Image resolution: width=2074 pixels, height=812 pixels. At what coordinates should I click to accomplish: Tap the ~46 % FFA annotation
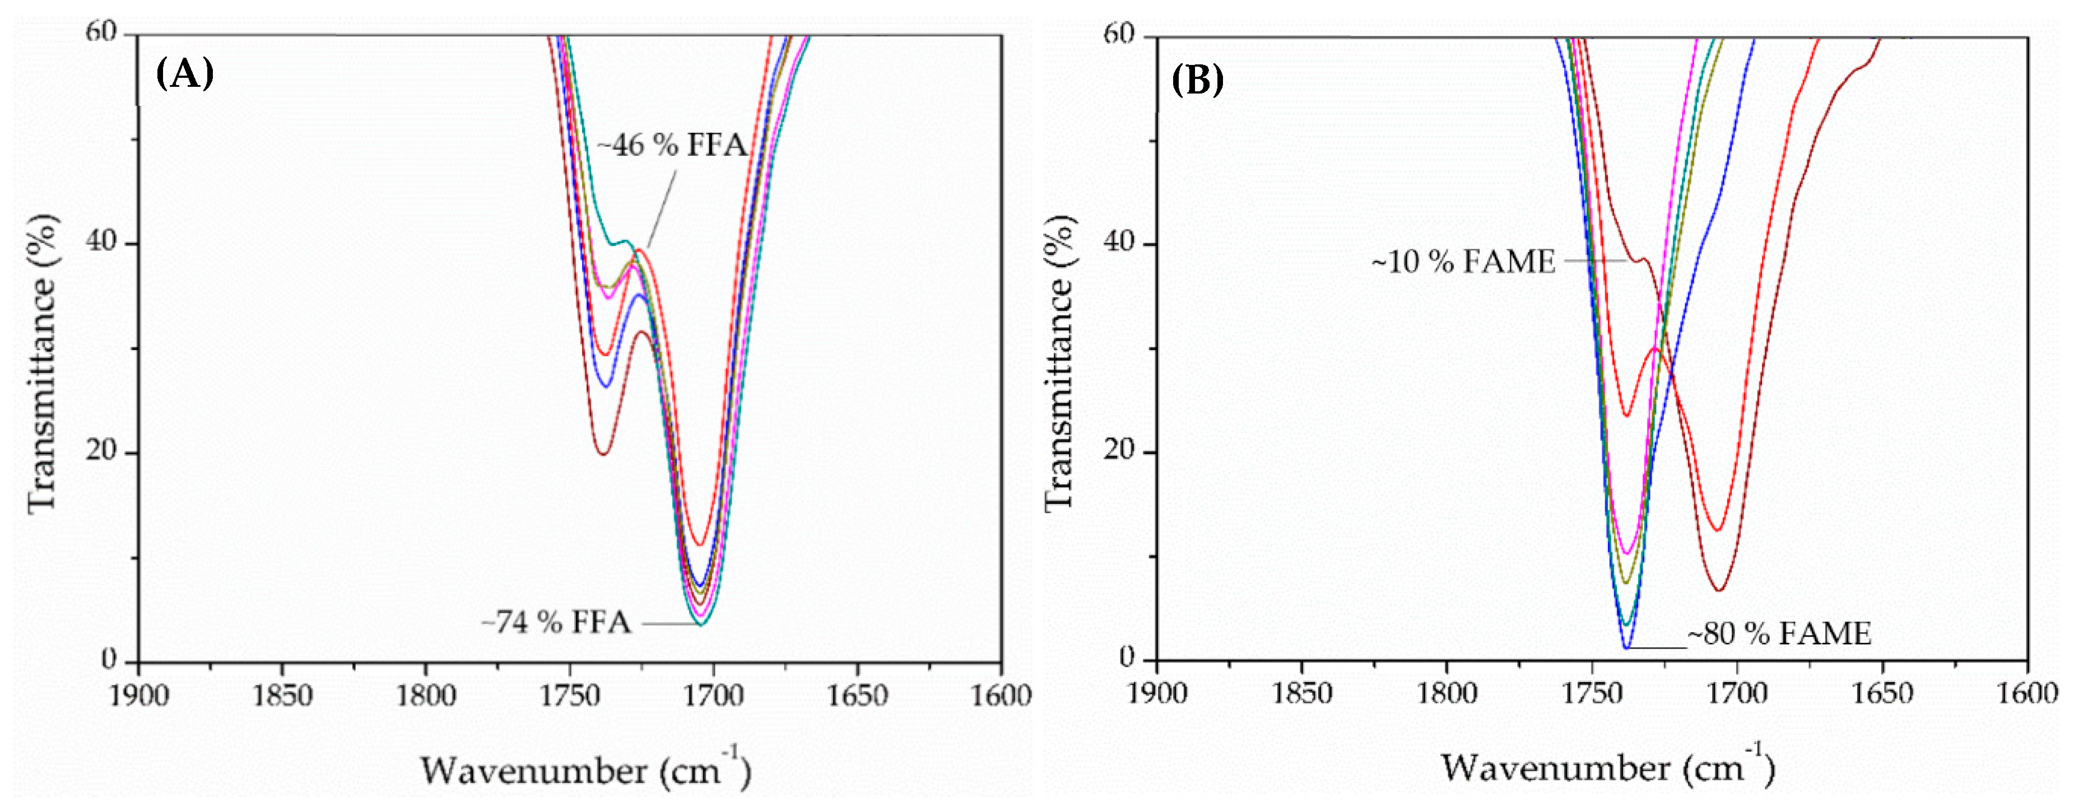(672, 146)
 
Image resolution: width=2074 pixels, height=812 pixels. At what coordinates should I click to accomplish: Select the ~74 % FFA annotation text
(556, 622)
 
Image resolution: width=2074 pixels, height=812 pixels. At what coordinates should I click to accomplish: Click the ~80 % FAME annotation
(1779, 634)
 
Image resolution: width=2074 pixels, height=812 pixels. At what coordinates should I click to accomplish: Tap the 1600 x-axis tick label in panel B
(2028, 693)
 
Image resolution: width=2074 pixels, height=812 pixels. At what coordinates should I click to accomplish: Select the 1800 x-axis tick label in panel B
(1447, 693)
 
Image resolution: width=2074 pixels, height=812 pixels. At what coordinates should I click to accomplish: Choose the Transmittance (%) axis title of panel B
(1059, 362)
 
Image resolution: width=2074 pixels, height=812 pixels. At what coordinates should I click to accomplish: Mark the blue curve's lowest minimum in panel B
(1626, 646)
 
